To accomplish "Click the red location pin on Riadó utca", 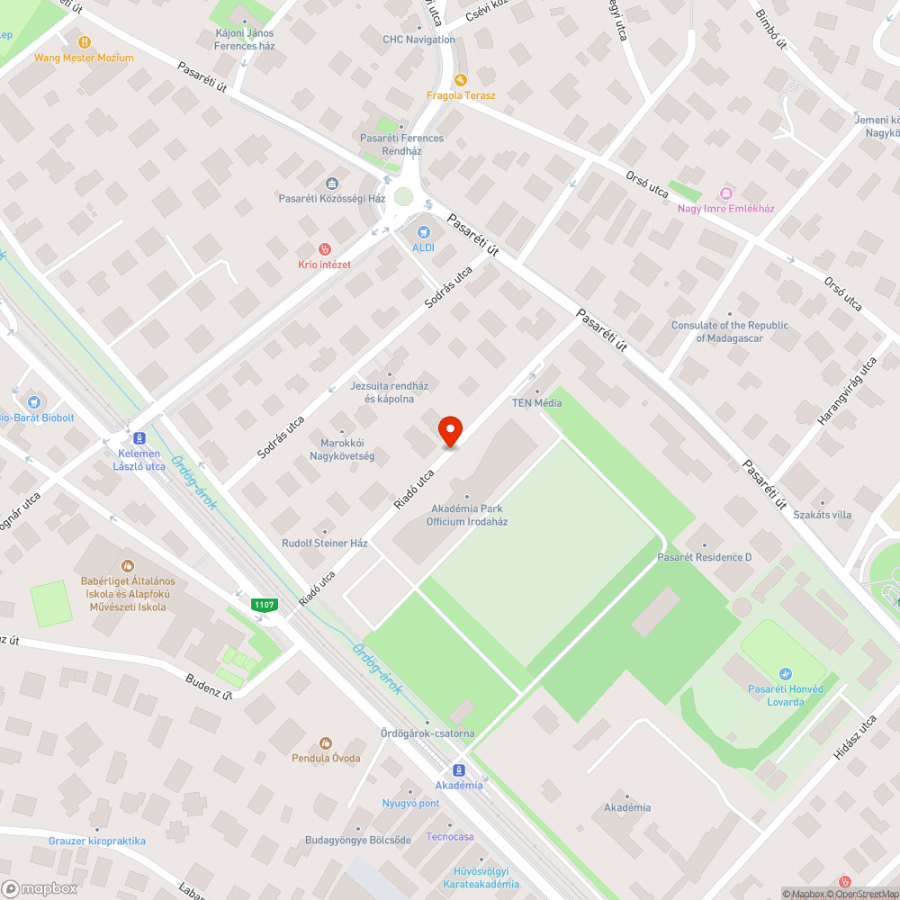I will pyautogui.click(x=449, y=431).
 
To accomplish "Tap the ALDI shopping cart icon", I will pyautogui.click(x=422, y=232).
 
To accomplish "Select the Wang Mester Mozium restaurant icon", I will pyautogui.click(x=85, y=41).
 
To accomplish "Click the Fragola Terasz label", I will pyautogui.click(x=461, y=95).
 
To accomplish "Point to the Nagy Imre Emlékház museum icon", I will pyautogui.click(x=725, y=193).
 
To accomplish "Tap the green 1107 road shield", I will pyautogui.click(x=264, y=605).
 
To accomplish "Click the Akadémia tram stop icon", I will pyautogui.click(x=458, y=770).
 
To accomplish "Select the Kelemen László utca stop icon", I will pyautogui.click(x=139, y=438).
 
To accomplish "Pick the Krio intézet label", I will pyautogui.click(x=324, y=264).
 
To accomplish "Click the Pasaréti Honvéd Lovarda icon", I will pyautogui.click(x=786, y=673).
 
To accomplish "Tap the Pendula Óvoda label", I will pyautogui.click(x=326, y=758).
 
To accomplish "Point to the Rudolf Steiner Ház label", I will pyautogui.click(x=325, y=544).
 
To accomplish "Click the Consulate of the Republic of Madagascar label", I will pyautogui.click(x=729, y=332).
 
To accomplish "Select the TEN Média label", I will pyautogui.click(x=536, y=402).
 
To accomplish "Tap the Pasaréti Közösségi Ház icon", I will pyautogui.click(x=332, y=183).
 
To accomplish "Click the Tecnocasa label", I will pyautogui.click(x=450, y=836).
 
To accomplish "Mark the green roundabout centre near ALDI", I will pyautogui.click(x=403, y=196).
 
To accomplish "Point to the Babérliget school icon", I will pyautogui.click(x=128, y=566).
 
